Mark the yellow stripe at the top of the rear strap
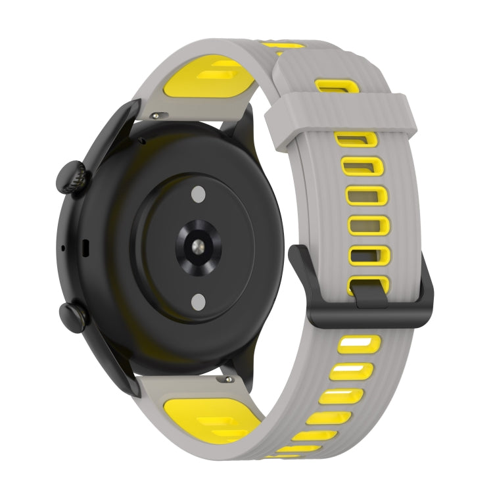pos(282,46)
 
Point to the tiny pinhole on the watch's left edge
pos(62,248)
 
